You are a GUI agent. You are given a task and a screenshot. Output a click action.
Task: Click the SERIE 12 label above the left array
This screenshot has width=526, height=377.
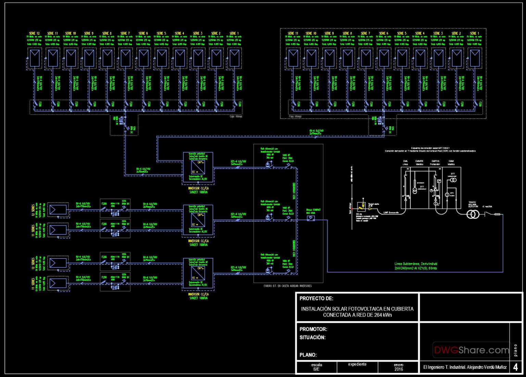pos(34,33)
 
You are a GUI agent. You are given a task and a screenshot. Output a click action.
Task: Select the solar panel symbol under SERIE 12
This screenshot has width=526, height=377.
pos(35,57)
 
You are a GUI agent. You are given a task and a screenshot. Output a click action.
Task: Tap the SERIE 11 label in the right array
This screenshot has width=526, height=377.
pos(293,33)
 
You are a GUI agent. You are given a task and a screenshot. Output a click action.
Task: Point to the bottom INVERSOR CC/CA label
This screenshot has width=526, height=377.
pos(198,294)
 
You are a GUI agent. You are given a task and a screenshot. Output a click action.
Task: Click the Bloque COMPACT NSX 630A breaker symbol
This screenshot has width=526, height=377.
pos(311,218)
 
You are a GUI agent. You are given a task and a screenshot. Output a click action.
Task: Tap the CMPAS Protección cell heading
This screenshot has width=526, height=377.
pos(435,162)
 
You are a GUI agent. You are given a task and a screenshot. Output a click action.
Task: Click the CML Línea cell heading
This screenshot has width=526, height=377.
pos(405,162)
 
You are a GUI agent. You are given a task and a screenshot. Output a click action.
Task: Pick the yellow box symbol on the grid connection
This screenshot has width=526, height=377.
pos(361,206)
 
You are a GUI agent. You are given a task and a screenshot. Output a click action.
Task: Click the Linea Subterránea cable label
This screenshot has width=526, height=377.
pos(416,266)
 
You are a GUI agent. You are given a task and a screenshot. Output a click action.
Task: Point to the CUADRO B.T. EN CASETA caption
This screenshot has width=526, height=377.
pos(288,286)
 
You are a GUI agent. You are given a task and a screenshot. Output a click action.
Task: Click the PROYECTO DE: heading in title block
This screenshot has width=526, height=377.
pos(316,298)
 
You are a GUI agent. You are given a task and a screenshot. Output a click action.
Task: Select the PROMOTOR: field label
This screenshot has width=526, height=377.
pos(313,329)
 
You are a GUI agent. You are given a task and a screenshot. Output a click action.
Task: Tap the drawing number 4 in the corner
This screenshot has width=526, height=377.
pos(515,367)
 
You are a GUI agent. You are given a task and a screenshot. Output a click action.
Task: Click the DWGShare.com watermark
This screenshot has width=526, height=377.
pos(471,350)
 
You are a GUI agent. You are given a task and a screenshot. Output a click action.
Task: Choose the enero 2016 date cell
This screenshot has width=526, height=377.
pos(398,367)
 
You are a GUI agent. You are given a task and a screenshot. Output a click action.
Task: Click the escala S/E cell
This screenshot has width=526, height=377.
pos(316,367)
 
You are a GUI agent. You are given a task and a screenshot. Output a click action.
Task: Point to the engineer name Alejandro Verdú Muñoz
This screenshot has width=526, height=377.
pos(465,367)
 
